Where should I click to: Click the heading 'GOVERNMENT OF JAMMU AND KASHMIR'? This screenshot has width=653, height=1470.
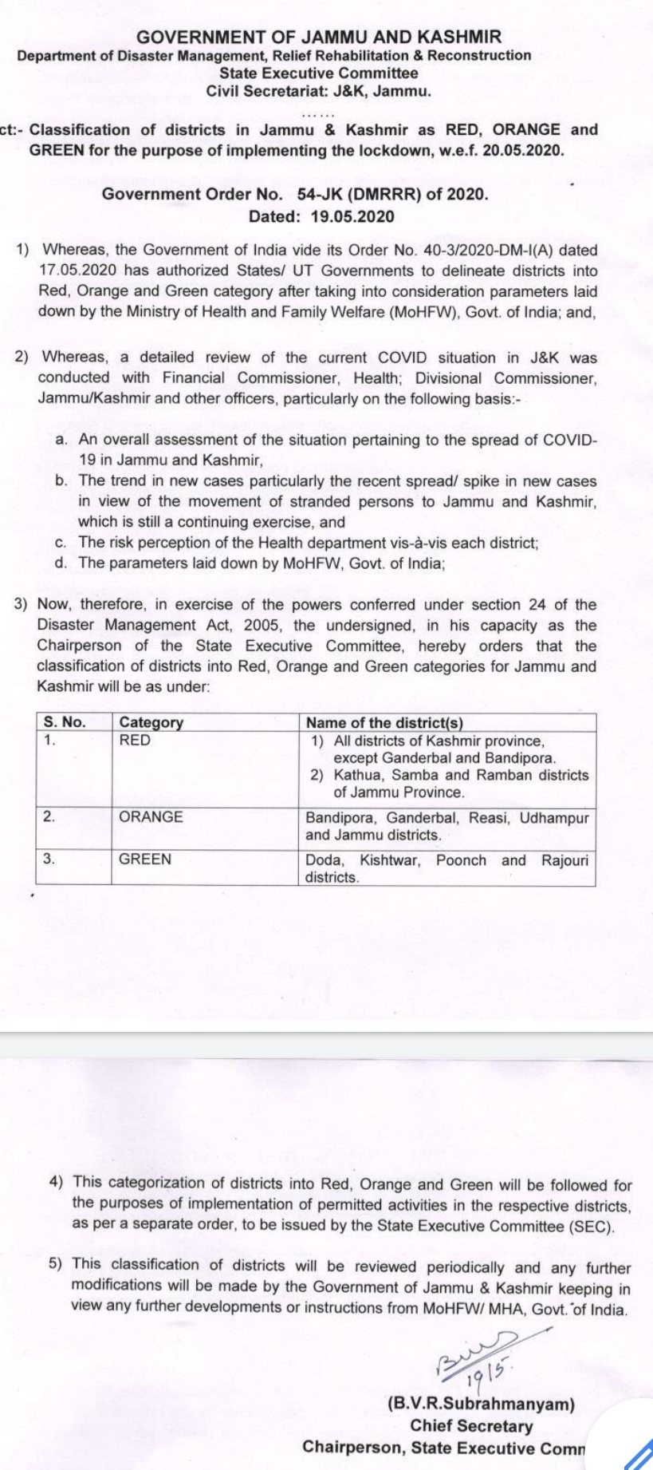320,37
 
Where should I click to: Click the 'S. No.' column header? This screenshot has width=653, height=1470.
64,722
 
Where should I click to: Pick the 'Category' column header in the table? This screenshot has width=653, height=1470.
151,722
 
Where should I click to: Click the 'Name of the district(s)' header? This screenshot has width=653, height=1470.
384,722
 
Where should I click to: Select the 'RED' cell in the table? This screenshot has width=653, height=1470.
135,741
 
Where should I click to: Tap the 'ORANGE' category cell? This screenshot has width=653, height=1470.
151,817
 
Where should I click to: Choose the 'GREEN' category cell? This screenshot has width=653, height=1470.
145,859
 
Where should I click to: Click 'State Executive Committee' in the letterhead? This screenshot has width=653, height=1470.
319,73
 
